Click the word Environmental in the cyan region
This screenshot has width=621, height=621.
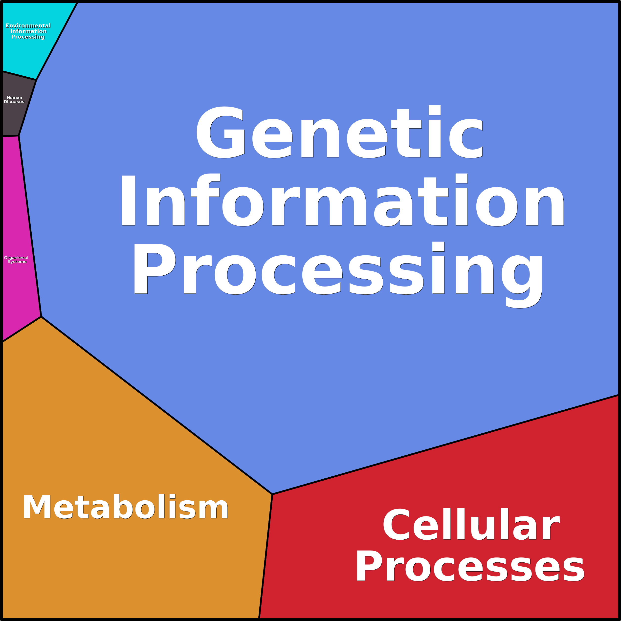[x=28, y=26]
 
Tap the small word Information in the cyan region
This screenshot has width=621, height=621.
[x=28, y=31]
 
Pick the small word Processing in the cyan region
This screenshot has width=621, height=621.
[x=28, y=37]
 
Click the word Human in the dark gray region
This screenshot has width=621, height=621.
[x=15, y=97]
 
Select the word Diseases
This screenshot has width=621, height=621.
[x=14, y=102]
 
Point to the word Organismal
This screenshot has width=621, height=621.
[x=16, y=258]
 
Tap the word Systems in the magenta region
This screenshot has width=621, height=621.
[x=17, y=262]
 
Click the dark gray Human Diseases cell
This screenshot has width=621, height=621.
[x=16, y=116]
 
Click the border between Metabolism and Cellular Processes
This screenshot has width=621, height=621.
[x=266, y=556]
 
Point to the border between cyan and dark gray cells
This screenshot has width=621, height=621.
[x=19, y=76]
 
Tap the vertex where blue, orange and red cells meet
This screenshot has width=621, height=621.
[x=272, y=494]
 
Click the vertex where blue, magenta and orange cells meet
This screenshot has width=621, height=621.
[x=41, y=317]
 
